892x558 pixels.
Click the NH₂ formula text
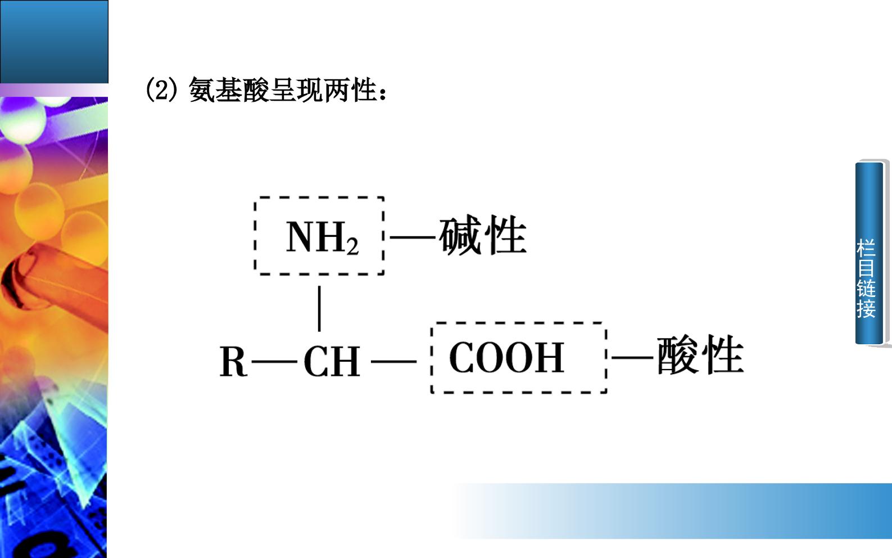pyautogui.click(x=322, y=237)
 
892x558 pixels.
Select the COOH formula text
pyautogui.click(x=506, y=358)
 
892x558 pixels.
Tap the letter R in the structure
pyautogui.click(x=233, y=361)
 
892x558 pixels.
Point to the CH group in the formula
pyautogui.click(x=332, y=361)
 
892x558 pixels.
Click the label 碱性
pyautogui.click(x=483, y=235)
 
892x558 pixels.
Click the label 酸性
pyautogui.click(x=700, y=355)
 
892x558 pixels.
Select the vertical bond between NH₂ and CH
pyautogui.click(x=319, y=308)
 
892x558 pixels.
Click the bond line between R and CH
pyautogui.click(x=274, y=362)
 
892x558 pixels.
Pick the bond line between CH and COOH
pyautogui.click(x=393, y=362)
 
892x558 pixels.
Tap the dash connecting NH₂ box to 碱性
pyautogui.click(x=412, y=237)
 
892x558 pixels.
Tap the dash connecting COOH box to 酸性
pyautogui.click(x=632, y=358)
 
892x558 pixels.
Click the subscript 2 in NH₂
pyautogui.click(x=352, y=247)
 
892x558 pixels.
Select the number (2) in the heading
pyautogui.click(x=161, y=91)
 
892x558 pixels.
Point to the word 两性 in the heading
pyautogui.click(x=350, y=90)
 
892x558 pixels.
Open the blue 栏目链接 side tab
pyautogui.click(x=869, y=253)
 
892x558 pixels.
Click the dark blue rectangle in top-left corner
pyautogui.click(x=54, y=42)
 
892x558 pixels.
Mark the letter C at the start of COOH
pyautogui.click(x=461, y=358)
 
